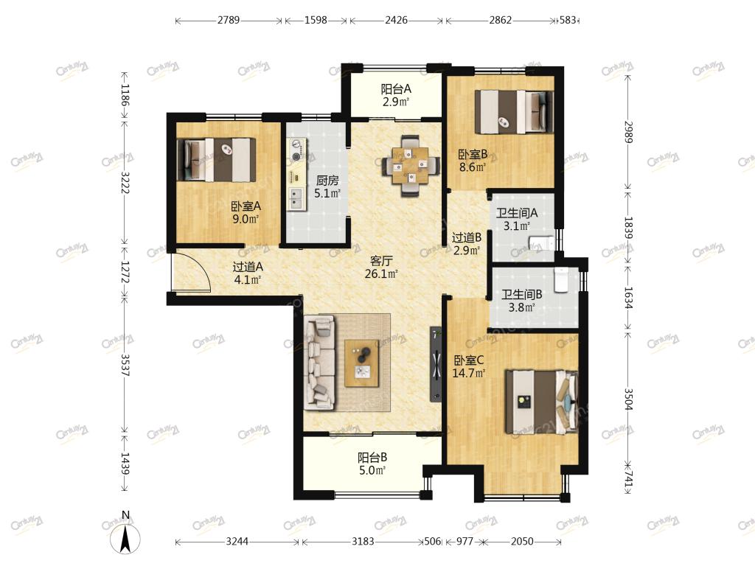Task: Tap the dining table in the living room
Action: point(410,167)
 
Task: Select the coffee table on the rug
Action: point(361,363)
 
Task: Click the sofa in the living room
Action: point(319,363)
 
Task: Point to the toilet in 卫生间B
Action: point(561,280)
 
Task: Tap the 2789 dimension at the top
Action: point(229,20)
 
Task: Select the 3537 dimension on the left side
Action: point(125,366)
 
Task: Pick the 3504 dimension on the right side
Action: point(628,399)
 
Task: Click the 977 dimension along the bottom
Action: point(465,542)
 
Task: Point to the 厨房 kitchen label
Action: point(327,181)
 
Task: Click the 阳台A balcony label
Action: point(396,89)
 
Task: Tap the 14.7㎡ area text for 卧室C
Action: point(468,372)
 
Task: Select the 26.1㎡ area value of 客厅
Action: point(381,274)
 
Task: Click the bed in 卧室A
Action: point(217,160)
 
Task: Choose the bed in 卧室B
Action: point(514,112)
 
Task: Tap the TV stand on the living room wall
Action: point(436,364)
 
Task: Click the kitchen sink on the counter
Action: point(296,199)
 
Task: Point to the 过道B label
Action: point(467,237)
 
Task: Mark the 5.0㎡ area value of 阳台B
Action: point(372,470)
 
